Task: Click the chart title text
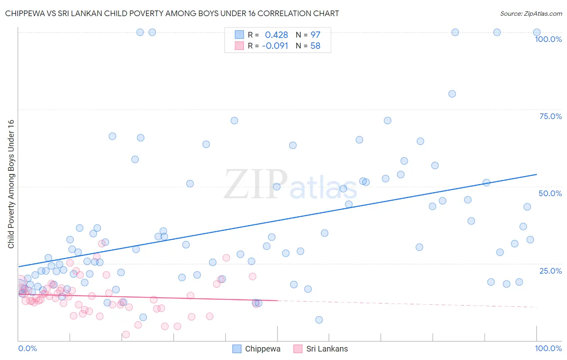click(172, 13)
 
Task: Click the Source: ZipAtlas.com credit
click(531, 13)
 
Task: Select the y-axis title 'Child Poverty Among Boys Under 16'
click(11, 184)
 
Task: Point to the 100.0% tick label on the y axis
click(548, 39)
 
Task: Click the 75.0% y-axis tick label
click(550, 116)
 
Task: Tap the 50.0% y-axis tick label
click(550, 193)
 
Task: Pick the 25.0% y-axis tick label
click(550, 271)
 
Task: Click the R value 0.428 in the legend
click(276, 35)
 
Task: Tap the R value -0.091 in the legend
click(275, 46)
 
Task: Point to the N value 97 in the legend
click(315, 35)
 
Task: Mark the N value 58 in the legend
click(315, 46)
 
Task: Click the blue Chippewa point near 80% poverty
click(452, 94)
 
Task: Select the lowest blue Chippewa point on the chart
click(319, 320)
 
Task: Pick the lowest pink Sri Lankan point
click(126, 335)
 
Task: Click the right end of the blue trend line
click(536, 174)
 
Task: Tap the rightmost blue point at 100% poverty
click(537, 32)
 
